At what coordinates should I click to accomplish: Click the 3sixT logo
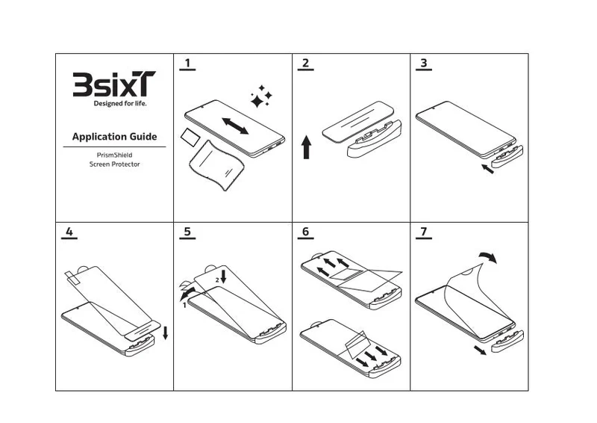pyautogui.click(x=114, y=84)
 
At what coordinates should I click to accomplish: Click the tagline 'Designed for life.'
pyautogui.click(x=120, y=103)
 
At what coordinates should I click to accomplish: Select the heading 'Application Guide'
pyautogui.click(x=115, y=137)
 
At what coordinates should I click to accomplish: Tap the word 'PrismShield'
pyautogui.click(x=115, y=155)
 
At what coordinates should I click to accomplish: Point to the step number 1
pyautogui.click(x=187, y=63)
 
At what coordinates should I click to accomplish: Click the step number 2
pyautogui.click(x=305, y=63)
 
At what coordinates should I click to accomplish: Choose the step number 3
pyautogui.click(x=424, y=63)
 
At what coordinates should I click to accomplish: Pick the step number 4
pyautogui.click(x=69, y=232)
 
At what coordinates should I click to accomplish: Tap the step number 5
pyautogui.click(x=187, y=232)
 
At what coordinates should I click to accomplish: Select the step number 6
pyautogui.click(x=305, y=232)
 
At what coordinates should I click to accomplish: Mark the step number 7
pyautogui.click(x=424, y=232)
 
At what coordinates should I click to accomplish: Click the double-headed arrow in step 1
pyautogui.click(x=235, y=126)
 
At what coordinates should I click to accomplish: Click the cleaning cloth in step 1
pyautogui.click(x=216, y=165)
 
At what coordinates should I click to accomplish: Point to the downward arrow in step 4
pyautogui.click(x=165, y=333)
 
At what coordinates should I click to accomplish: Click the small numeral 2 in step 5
pyautogui.click(x=217, y=280)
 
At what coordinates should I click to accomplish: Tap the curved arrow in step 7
pyautogui.click(x=489, y=256)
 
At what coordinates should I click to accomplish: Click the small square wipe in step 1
pyautogui.click(x=190, y=138)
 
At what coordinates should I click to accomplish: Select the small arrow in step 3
pyautogui.click(x=487, y=169)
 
